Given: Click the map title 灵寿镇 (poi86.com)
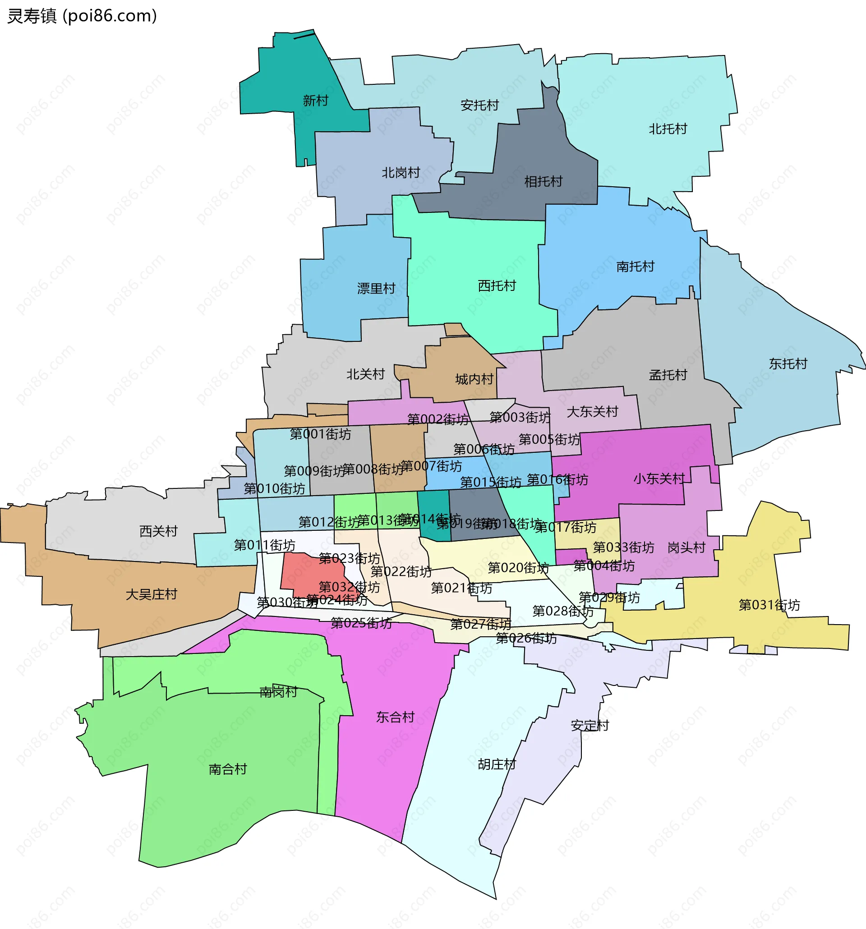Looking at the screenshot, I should click(82, 16).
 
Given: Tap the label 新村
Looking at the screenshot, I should click(315, 101).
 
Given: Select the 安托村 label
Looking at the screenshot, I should click(479, 105).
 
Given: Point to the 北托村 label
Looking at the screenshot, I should click(668, 129).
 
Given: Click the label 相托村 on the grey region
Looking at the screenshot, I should click(543, 181).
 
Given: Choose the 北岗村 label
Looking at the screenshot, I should click(401, 173).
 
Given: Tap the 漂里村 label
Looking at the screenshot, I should click(376, 288).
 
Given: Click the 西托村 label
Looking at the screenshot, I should click(497, 285).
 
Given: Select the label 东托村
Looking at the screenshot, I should click(788, 363).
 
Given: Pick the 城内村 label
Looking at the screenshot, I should click(474, 379).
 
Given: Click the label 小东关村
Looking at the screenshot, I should click(659, 478).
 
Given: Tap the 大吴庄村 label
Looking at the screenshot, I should click(152, 594).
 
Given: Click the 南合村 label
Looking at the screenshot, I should click(228, 769).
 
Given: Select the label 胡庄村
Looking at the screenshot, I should click(497, 764).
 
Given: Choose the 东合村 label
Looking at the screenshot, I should click(396, 717).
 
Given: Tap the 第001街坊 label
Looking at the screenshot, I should click(320, 434).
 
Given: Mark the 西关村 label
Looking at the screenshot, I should click(158, 531).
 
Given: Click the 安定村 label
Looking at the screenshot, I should click(590, 726).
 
